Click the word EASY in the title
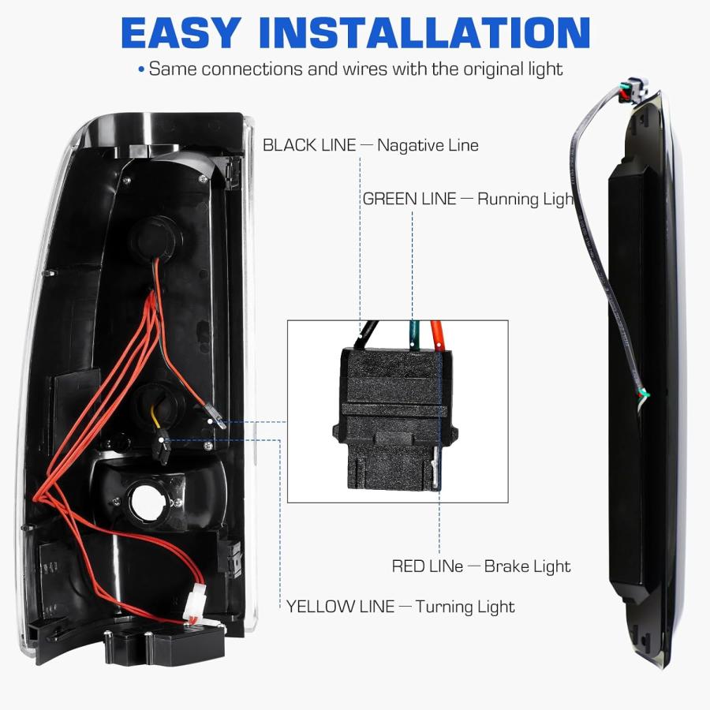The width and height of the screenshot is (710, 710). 181,32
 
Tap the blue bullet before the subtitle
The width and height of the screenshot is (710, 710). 141,69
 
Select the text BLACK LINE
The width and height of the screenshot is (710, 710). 309,145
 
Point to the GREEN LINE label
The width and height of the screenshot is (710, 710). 409,200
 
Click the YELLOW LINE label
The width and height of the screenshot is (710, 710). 341,607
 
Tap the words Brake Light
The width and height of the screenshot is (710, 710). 528,566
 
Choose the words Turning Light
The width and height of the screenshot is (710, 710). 465,607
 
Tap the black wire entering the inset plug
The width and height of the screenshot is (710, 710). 368,334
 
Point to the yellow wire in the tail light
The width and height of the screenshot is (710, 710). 156,417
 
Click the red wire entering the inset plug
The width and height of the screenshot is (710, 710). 437,334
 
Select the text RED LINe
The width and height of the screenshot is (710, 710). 428,566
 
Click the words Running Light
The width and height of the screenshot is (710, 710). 525,200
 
